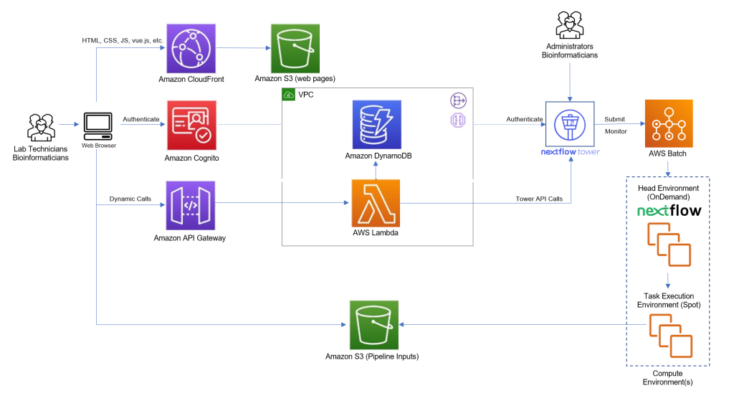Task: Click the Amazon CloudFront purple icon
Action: click(x=191, y=47)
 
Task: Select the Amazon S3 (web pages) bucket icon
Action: click(x=295, y=47)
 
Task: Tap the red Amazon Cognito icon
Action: click(x=191, y=125)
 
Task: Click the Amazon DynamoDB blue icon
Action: click(x=376, y=124)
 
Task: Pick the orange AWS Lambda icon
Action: click(x=376, y=203)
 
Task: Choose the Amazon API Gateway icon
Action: click(x=191, y=204)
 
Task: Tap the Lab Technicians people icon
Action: click(x=41, y=126)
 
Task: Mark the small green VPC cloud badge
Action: click(x=289, y=95)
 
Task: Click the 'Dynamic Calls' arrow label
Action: click(x=130, y=199)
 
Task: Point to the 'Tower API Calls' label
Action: click(x=538, y=199)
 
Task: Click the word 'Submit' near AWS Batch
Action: click(x=614, y=119)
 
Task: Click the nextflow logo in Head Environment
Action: click(x=669, y=211)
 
